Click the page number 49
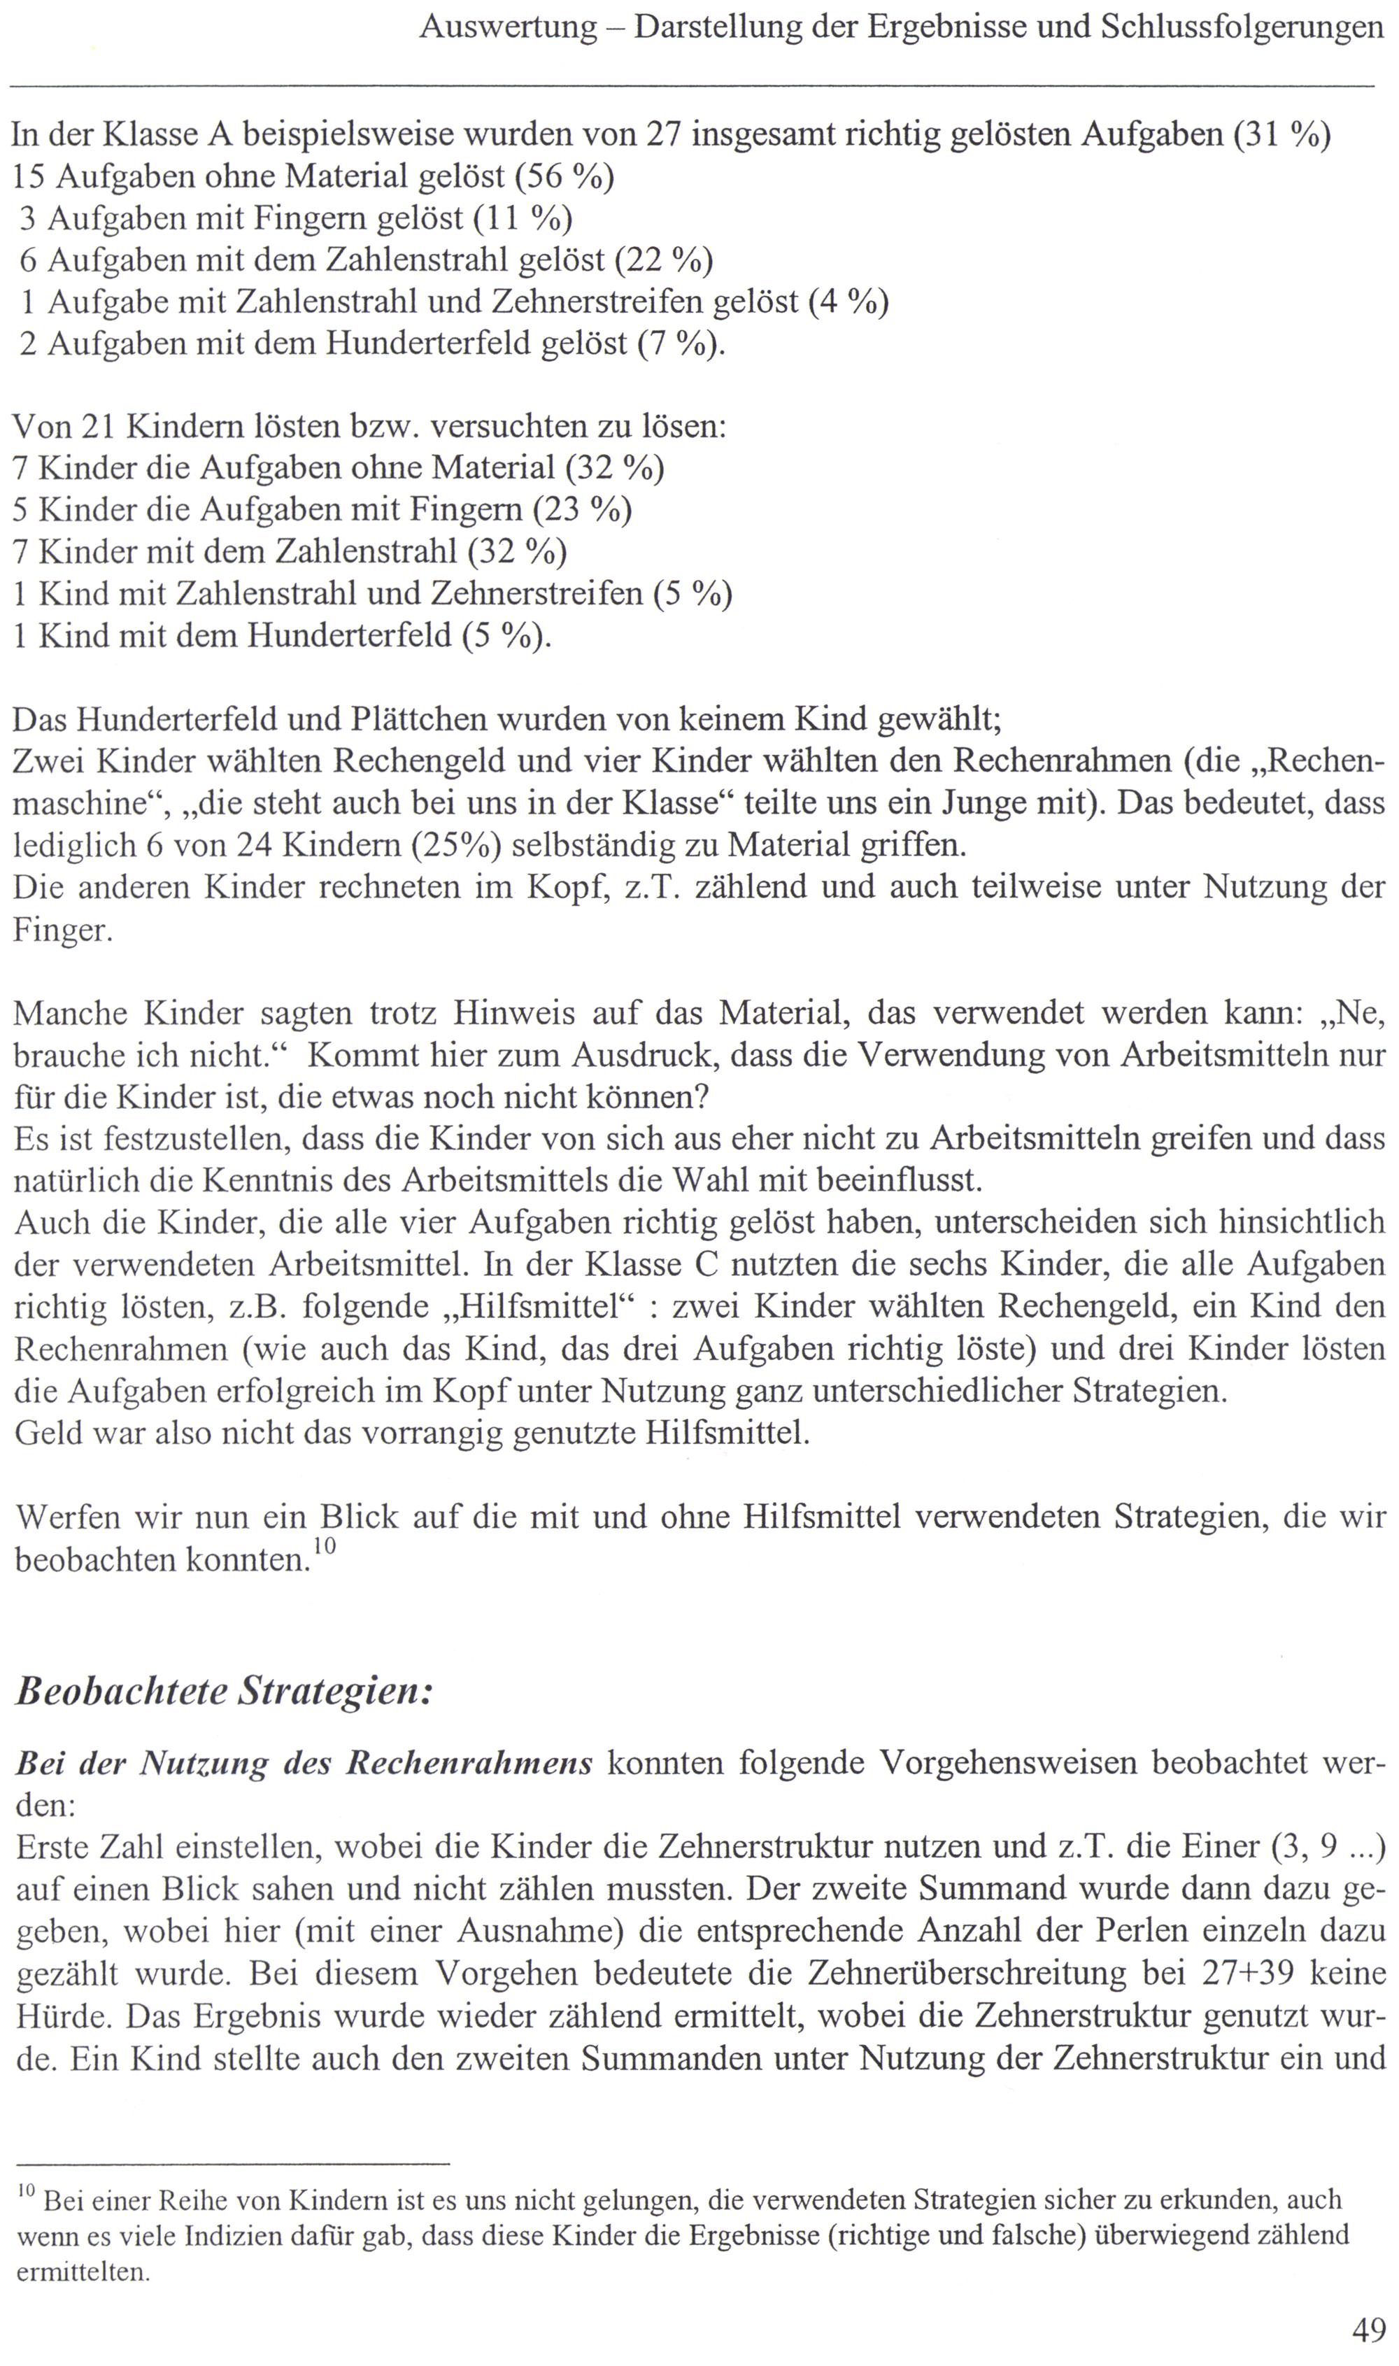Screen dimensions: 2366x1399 (x=1369, y=2329)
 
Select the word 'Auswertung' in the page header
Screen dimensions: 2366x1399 (x=508, y=27)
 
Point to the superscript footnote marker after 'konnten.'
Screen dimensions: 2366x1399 (x=325, y=1546)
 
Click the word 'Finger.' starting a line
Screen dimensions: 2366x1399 (x=62, y=931)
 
